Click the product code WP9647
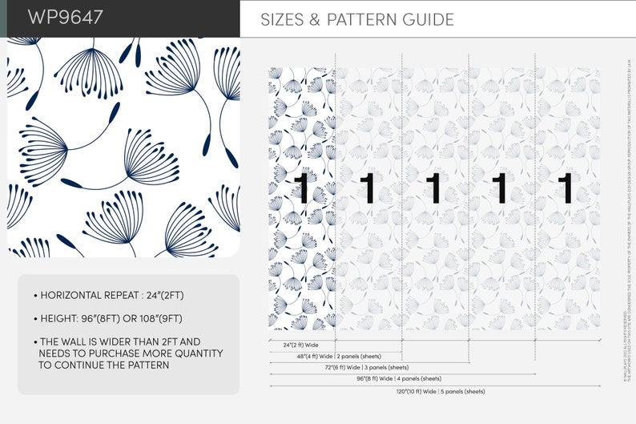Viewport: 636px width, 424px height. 66,18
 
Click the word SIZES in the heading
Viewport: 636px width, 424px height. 280,20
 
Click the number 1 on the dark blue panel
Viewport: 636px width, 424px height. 301,189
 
